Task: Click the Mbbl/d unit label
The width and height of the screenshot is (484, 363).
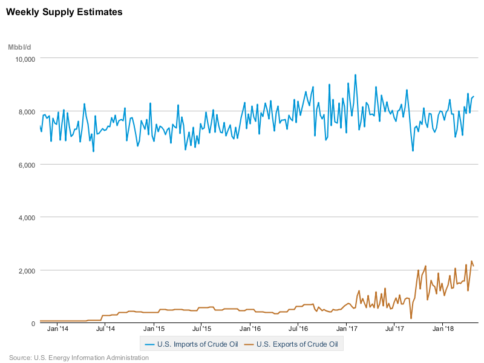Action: (x=20, y=47)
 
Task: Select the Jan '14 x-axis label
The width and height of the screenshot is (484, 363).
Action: (x=57, y=330)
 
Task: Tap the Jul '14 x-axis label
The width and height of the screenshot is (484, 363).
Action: (x=106, y=330)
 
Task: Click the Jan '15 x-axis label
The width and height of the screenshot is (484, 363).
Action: (x=154, y=330)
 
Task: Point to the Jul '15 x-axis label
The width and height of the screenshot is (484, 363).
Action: (x=202, y=330)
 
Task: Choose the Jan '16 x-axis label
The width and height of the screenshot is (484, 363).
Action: (x=250, y=330)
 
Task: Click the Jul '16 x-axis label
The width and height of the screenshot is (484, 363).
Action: (x=298, y=330)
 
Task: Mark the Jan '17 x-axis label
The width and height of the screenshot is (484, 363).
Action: (x=347, y=330)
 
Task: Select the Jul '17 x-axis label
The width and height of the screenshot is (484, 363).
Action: (x=395, y=330)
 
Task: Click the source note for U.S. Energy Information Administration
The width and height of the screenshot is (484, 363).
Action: (x=79, y=358)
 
